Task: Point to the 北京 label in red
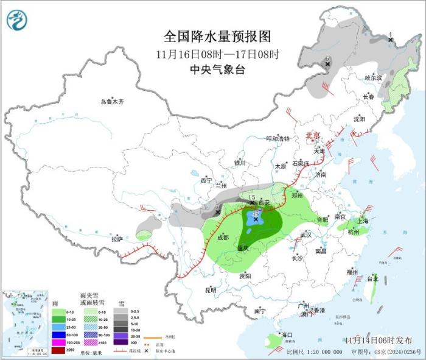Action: click(x=313, y=135)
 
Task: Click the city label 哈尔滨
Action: click(x=373, y=78)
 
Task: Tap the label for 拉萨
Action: click(x=117, y=239)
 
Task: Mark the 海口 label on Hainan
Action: click(x=287, y=335)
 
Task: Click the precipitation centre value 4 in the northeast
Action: click(x=390, y=34)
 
